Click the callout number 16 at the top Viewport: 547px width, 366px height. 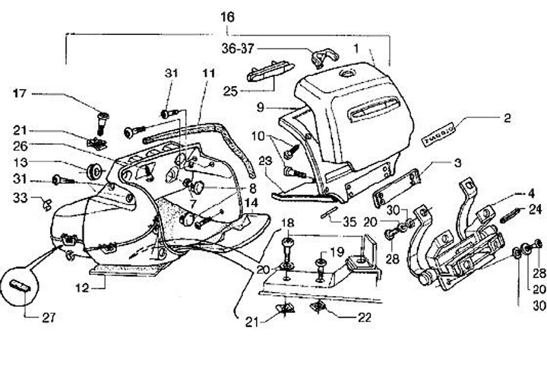(x=227, y=16)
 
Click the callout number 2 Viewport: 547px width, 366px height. (x=507, y=118)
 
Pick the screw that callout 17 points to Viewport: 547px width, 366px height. (x=103, y=119)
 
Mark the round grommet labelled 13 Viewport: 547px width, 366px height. (x=96, y=168)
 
